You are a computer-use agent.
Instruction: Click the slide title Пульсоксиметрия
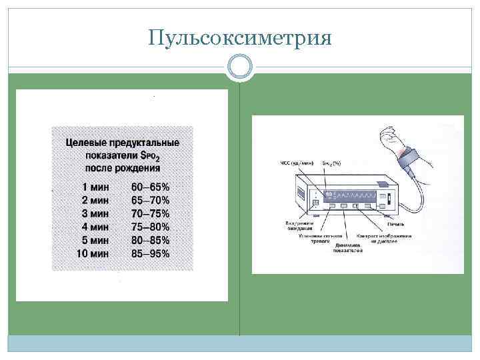click(240, 38)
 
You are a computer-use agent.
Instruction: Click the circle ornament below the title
click(240, 67)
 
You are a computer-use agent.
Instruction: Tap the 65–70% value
click(151, 201)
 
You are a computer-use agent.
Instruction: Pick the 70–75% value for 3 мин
click(151, 214)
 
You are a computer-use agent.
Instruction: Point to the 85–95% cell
click(151, 253)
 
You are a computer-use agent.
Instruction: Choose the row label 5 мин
click(95, 240)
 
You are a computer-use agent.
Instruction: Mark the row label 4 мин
click(95, 227)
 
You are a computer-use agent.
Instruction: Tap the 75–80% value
click(151, 227)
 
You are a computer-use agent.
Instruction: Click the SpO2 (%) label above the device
click(331, 163)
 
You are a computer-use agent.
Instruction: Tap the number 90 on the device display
click(329, 194)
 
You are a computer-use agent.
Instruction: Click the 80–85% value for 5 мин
click(151, 240)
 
